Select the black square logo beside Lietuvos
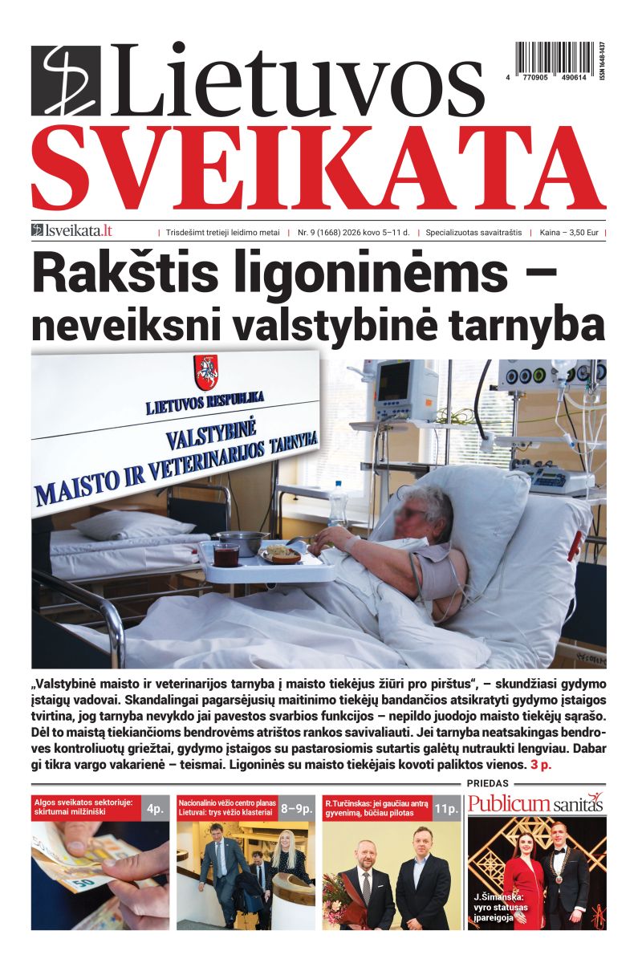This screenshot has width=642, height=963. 66,81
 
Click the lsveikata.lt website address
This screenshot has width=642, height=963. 72,232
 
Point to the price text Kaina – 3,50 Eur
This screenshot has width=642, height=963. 571,233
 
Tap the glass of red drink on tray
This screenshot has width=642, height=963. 226,553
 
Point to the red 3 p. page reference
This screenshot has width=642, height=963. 534,766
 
